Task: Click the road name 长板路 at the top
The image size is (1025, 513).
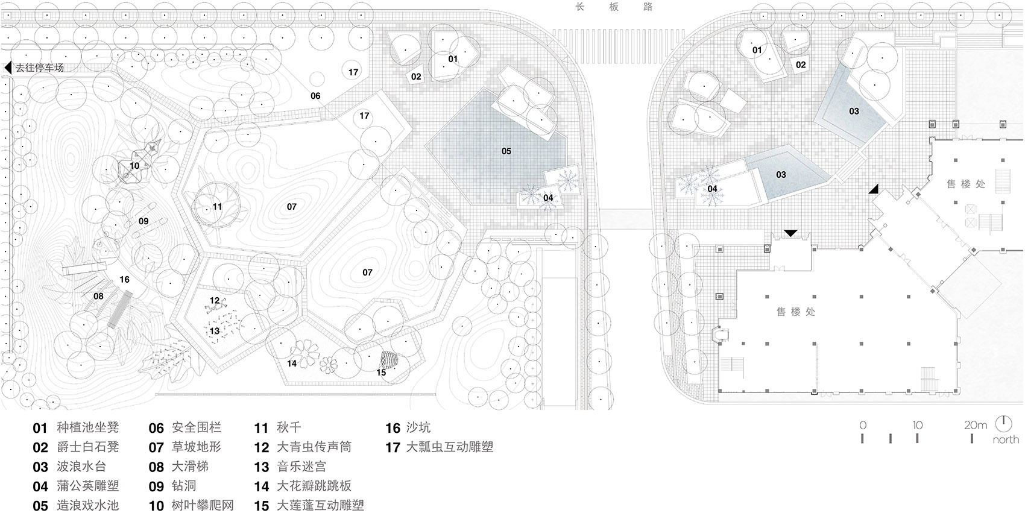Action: coord(614,7)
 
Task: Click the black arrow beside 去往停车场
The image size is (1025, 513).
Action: coord(8,68)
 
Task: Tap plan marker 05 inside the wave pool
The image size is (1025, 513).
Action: coord(506,151)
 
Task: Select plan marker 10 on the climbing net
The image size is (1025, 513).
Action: coord(134,166)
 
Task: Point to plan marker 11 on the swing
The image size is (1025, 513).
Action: coord(217,207)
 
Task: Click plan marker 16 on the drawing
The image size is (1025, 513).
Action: coord(124,279)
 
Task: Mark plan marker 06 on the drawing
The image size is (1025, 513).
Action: coord(315,96)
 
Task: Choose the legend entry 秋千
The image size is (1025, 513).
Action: coord(288,427)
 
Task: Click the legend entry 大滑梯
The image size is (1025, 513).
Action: coord(190,466)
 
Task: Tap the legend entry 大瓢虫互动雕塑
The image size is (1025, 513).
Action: coord(449,447)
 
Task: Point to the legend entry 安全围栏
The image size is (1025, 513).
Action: coord(196,427)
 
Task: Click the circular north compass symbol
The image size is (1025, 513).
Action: coord(1004,423)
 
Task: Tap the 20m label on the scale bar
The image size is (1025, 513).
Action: coord(975,425)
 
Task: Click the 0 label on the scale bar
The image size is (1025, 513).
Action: coord(863,425)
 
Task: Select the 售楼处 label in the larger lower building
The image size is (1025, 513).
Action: coord(795,312)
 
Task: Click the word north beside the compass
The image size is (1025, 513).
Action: coord(1005,439)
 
